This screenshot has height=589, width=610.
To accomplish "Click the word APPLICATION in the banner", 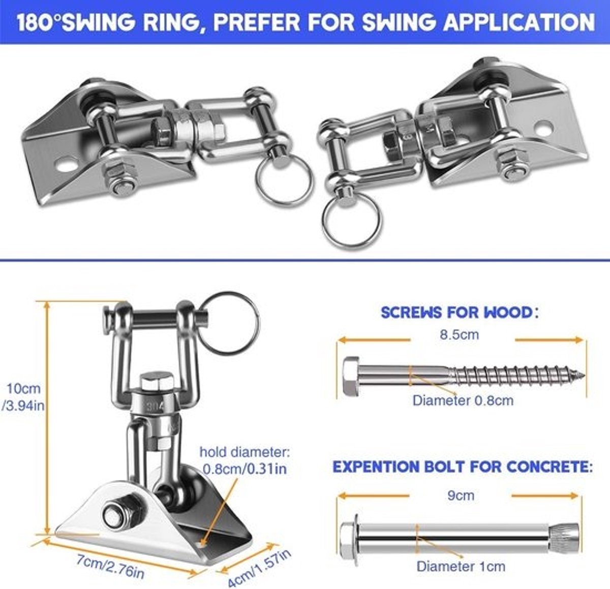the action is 520,22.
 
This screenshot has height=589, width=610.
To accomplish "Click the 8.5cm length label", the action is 459,334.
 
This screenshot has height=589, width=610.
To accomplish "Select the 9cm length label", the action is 461,495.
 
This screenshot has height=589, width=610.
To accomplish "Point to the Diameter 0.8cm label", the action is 463,400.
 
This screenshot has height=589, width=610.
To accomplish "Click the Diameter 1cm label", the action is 461,567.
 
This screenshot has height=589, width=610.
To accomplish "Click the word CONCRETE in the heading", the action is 550,467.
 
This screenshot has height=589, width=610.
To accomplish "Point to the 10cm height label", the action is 23,388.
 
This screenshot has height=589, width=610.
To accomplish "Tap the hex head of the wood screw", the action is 351,377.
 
